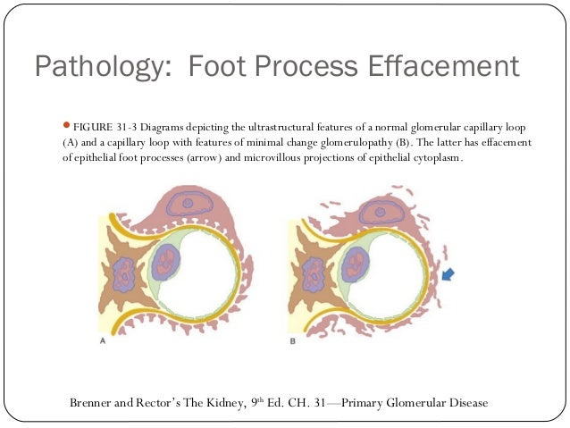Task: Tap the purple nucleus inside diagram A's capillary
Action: point(167,264)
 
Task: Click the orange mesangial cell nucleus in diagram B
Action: point(314,276)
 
